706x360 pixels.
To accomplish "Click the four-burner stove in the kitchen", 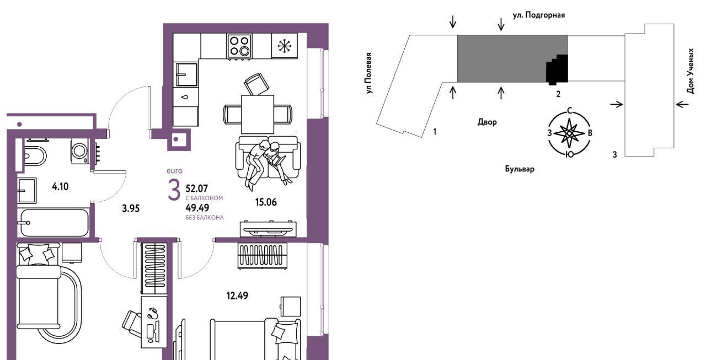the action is click(239, 46).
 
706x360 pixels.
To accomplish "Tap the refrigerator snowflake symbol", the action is click(285, 46).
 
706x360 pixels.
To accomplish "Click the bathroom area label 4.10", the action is click(60, 186).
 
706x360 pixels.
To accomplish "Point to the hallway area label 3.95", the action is click(131, 208).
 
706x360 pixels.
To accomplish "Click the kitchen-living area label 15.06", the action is click(266, 202).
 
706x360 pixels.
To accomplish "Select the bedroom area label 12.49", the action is click(237, 295).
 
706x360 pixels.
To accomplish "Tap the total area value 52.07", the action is click(197, 189).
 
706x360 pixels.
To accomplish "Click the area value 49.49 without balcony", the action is click(197, 208).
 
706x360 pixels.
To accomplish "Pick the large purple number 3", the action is click(174, 190).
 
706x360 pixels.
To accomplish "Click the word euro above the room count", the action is click(175, 171).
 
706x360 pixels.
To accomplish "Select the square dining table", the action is click(258, 114).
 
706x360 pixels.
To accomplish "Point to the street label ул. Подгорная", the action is click(539, 15).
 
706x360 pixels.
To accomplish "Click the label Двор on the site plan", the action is click(487, 122).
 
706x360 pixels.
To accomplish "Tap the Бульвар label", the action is click(520, 169).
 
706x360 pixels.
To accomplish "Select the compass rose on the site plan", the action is click(570, 133).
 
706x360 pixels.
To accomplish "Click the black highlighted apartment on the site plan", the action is click(557, 69).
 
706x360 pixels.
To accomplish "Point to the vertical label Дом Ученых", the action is click(690, 71).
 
